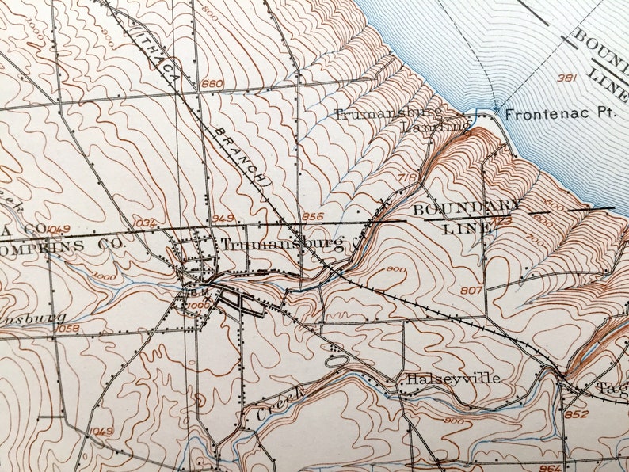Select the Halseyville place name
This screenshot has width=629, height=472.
click(x=453, y=379)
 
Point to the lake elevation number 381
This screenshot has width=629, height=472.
click(x=565, y=78)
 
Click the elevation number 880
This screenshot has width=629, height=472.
click(x=212, y=85)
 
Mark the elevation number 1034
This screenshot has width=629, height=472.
click(x=145, y=223)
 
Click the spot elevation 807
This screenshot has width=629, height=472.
click(x=471, y=291)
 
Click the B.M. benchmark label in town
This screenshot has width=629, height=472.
click(x=196, y=291)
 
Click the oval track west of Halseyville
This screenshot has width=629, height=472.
click(x=337, y=361)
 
